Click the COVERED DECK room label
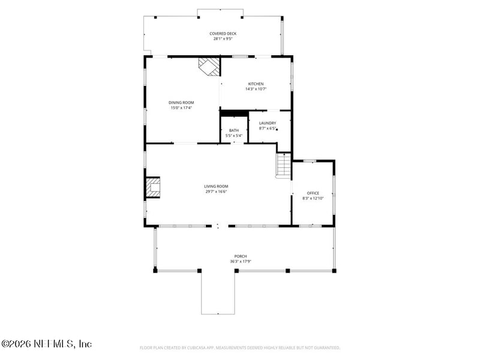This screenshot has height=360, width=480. point(223,34)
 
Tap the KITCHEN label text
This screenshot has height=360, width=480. point(256,83)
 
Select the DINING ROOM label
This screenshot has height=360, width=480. point(181,103)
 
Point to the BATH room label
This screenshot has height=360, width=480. point(233,130)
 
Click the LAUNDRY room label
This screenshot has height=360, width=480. point(267,123)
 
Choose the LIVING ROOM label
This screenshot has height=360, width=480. point(216,186)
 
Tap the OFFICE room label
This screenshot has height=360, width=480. point(313,193)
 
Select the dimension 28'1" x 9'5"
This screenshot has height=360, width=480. point(223,39)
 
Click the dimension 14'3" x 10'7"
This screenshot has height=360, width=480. point(256,89)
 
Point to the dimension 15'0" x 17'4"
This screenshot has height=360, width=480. point(181,108)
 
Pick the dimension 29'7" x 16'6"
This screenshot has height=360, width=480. point(216,191)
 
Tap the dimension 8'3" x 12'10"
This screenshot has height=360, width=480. point(313,198)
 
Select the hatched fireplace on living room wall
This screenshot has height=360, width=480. point(153,188)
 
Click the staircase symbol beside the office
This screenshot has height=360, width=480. point(283,166)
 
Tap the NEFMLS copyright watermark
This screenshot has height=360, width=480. point(46,344)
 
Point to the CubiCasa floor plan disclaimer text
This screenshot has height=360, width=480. point(240,347)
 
